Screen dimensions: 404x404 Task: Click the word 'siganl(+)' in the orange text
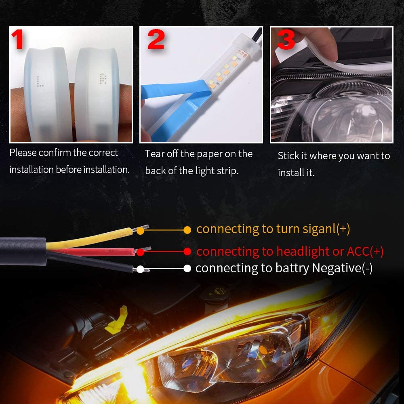[x=326, y=229]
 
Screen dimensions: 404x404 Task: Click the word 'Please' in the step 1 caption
[x=23, y=153]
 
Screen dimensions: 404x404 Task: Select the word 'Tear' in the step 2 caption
[x=154, y=154]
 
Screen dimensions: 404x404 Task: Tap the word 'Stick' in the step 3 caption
[x=288, y=156]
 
